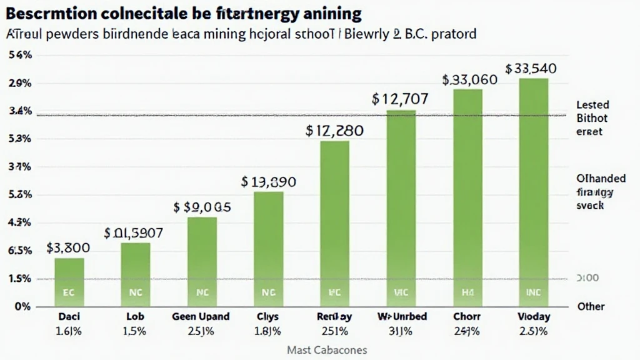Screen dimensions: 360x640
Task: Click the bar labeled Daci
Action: pos(69,281)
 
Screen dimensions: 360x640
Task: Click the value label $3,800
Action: pos(68,247)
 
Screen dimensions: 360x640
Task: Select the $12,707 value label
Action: pos(400,99)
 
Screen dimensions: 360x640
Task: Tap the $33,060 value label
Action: pos(469,80)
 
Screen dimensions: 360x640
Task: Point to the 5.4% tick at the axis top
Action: pos(21,55)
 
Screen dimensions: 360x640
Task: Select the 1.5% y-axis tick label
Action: pos(20,279)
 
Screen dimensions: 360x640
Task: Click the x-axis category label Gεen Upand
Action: pos(201,317)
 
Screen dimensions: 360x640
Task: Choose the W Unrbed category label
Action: pos(401,317)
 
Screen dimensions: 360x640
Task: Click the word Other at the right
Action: pos(591,306)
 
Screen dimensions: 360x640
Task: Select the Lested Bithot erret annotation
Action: pos(592,118)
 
